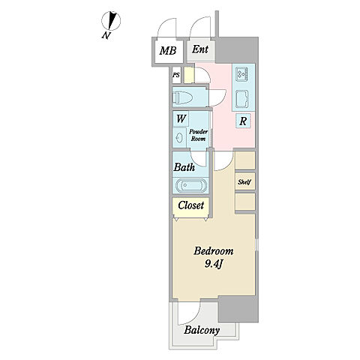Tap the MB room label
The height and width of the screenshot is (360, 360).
(168, 51)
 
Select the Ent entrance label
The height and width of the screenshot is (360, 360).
(200, 49)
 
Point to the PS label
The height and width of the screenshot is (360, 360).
(176, 75)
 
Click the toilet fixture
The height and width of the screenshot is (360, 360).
(182, 97)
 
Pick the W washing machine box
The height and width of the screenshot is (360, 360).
(181, 118)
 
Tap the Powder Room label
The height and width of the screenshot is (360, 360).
(198, 135)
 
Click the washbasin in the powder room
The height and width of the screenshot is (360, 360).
(179, 138)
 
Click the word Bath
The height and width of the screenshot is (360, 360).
(184, 167)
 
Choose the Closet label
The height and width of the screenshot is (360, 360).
(191, 205)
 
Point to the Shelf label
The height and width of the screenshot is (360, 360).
(244, 182)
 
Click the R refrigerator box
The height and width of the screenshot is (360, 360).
(243, 121)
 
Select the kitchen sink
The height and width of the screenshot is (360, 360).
(242, 99)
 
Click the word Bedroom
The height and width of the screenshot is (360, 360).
(214, 251)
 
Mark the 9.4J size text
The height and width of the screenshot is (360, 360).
(214, 263)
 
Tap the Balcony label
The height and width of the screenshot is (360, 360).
(202, 330)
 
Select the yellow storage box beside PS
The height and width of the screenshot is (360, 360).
(189, 75)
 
